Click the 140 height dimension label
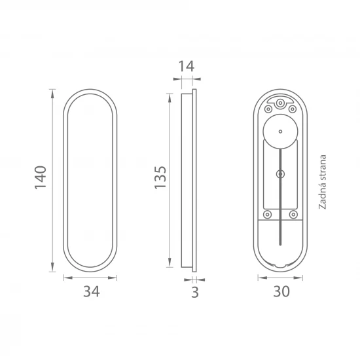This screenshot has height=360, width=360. click(41, 177)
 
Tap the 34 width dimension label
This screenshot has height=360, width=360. click(92, 291)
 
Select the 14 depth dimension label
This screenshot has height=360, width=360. click(187, 66)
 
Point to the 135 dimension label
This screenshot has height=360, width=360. click(160, 177)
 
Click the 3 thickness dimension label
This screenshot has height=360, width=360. click(195, 293)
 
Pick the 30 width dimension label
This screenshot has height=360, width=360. click(281, 291)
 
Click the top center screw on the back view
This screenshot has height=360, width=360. click(280, 103)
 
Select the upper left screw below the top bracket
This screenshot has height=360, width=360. click(268, 109)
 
